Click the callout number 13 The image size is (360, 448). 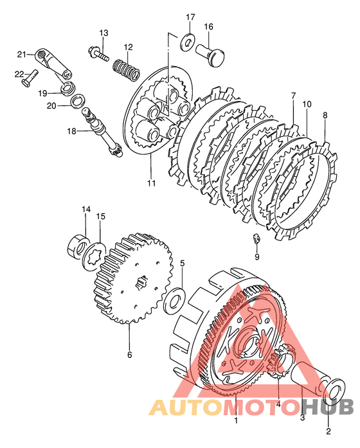tap(104, 33)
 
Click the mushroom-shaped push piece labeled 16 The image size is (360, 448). tap(210, 54)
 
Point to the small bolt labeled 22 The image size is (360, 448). tap(30, 78)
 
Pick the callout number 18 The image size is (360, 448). tap(72, 131)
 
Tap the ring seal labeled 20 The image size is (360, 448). tap(77, 100)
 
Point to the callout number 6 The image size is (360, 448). tap(129, 355)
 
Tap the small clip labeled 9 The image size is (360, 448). tap(256, 238)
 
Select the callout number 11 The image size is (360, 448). tap(152, 183)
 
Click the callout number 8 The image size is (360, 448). tap(325, 115)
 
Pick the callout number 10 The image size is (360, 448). tap(307, 104)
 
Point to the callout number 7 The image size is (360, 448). tap(293, 96)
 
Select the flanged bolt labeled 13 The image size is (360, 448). tap(98, 54)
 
